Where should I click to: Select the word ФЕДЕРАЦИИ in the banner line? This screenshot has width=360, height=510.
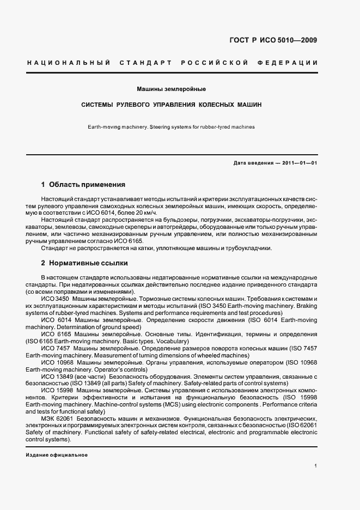[291, 63]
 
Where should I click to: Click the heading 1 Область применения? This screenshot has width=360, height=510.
[83, 185]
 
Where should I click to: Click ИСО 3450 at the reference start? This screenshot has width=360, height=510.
[54, 299]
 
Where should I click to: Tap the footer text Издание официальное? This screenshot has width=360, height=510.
[57, 455]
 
